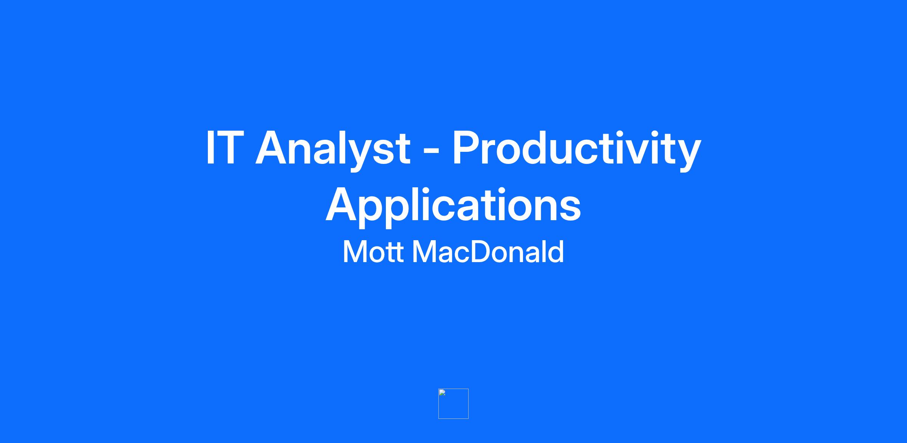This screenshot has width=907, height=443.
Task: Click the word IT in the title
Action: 223,148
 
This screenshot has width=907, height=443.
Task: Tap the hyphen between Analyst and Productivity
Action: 431,153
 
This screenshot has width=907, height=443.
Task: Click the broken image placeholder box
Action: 453,404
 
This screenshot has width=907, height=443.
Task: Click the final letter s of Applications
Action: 571,209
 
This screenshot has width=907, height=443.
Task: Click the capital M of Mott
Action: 354,252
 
